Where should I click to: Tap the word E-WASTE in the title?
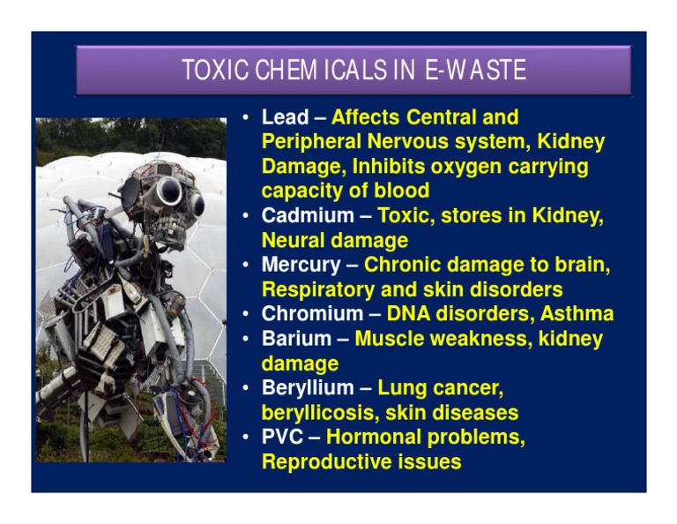pos(475,71)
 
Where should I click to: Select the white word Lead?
pos(285,117)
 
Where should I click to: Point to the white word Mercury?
pos(300,265)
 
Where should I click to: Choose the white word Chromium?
pos(311,314)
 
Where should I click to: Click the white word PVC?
pos(282,438)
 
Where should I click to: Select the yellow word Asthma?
pos(577,314)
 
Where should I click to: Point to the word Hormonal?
pos(376,438)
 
